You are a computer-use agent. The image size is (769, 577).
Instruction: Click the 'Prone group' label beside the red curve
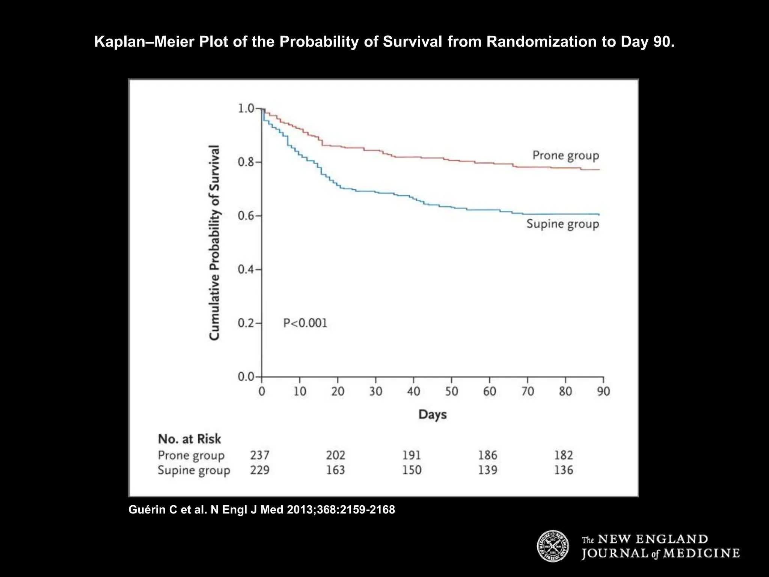point(565,156)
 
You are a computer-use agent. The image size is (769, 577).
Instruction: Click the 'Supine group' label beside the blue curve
point(562,224)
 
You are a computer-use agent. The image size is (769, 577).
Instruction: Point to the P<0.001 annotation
point(305,323)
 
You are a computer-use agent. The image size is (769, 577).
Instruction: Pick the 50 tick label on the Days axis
point(451,391)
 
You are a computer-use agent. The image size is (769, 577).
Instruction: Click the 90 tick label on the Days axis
point(603,391)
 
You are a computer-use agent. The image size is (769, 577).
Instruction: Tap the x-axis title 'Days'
point(433,415)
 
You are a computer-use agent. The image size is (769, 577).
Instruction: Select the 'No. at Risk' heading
point(189,439)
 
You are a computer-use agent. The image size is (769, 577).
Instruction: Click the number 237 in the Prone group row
point(260,455)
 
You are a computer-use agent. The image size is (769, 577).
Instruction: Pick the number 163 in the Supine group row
point(335,470)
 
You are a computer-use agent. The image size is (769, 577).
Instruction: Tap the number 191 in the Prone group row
point(412,455)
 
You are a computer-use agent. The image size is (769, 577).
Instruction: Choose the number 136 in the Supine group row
point(563,470)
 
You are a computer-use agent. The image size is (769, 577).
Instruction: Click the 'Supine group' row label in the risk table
point(194,471)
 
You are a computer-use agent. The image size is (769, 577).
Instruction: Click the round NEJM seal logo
point(553,546)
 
